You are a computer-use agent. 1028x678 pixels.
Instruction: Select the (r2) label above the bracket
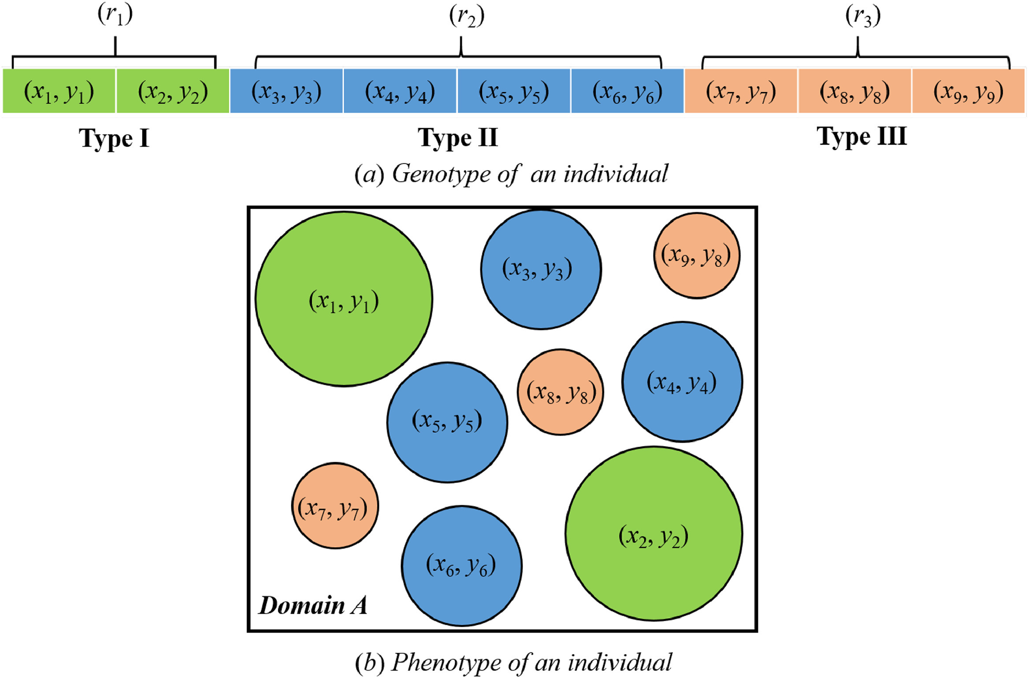(x=467, y=16)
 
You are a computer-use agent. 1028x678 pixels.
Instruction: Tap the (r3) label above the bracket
(x=863, y=16)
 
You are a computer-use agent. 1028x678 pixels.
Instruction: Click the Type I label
(x=114, y=138)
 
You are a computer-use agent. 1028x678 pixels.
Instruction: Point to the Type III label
(x=862, y=136)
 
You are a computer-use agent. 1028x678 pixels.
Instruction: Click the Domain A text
(x=313, y=605)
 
